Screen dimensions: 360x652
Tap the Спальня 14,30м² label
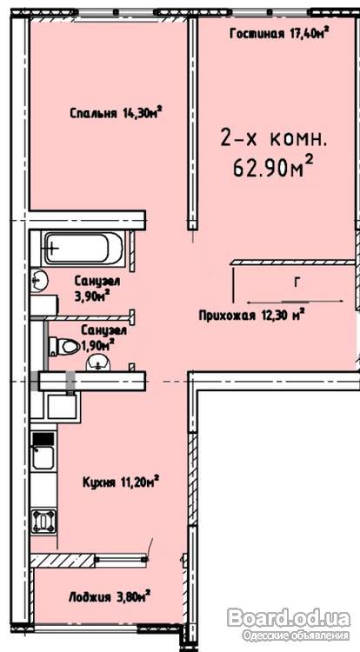(x=116, y=113)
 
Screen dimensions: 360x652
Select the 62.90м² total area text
(x=273, y=168)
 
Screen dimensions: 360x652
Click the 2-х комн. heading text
(x=273, y=139)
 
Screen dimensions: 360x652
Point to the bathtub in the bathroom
(x=83, y=249)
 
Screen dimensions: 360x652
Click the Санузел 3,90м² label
(x=97, y=288)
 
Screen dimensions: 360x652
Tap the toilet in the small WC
(x=64, y=346)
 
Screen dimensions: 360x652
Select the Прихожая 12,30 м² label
(x=250, y=315)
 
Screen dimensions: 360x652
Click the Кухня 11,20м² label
(x=121, y=482)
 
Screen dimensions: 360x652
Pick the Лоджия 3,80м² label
(x=110, y=597)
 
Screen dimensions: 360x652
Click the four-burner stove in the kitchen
(x=43, y=521)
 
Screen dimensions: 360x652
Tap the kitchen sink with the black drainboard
(x=43, y=450)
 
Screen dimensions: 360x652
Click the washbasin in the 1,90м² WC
(x=98, y=364)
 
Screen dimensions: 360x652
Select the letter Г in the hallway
(x=296, y=283)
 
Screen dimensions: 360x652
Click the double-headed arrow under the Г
(x=295, y=301)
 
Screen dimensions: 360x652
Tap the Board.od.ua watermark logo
(x=289, y=618)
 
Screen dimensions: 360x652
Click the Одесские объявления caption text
(x=295, y=635)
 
